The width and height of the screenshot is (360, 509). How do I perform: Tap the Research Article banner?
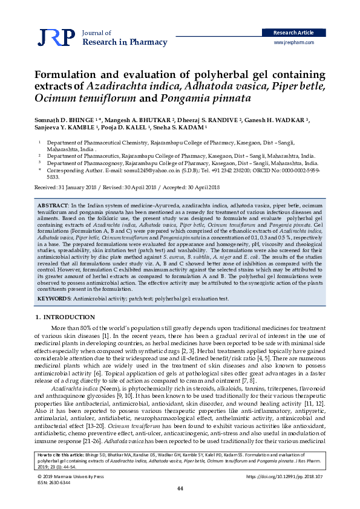pos(293,33)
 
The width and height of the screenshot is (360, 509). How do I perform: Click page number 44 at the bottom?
pos(180,488)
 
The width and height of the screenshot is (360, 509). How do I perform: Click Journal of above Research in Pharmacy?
pos(96,33)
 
